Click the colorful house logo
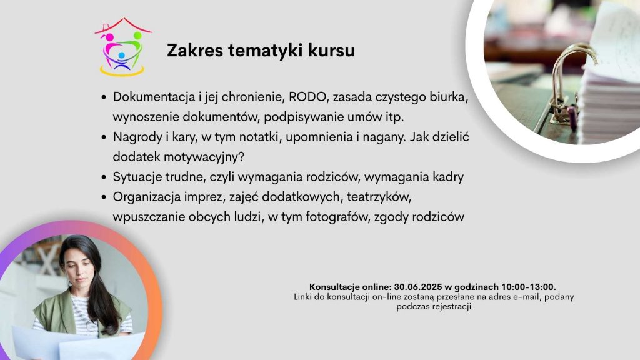[x=123, y=47]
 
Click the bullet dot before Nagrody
[x=104, y=137]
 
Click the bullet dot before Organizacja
[x=104, y=197]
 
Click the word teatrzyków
[x=378, y=197]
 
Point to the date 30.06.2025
[x=418, y=287]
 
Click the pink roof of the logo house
[x=123, y=25]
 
